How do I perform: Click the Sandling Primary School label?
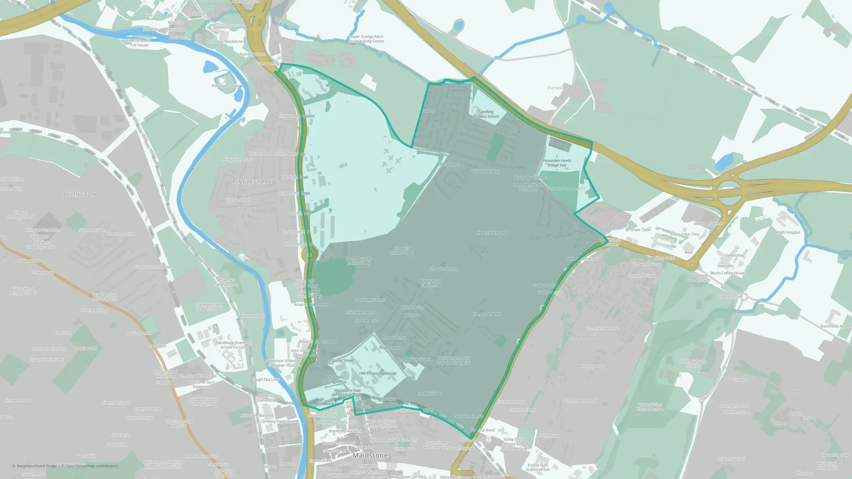click(x=486, y=114)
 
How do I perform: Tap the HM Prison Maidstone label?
click(x=377, y=373)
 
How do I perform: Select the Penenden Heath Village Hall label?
click(x=557, y=163)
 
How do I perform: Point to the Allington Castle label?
click(x=226, y=86)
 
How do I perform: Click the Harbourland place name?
click(x=561, y=88)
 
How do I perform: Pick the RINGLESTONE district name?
click(x=252, y=182)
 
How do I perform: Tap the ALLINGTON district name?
click(x=80, y=194)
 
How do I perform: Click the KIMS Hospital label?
click(x=788, y=232)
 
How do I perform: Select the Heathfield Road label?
click(x=491, y=233)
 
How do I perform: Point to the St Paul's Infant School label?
click(x=402, y=251)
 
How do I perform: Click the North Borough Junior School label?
click(x=358, y=261)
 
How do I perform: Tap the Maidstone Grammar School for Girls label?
click(x=233, y=345)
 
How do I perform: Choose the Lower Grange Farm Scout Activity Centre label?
click(x=366, y=39)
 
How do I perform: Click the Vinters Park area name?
click(x=581, y=337)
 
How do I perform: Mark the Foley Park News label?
click(x=486, y=314)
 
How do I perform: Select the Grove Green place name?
click(x=786, y=392)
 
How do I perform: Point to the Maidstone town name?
click(x=370, y=456)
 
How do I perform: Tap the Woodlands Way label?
click(x=485, y=172)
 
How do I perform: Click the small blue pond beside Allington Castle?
click(x=210, y=67)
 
